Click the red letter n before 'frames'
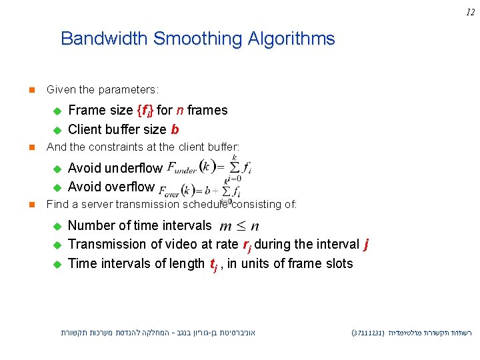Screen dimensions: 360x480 point(180,111)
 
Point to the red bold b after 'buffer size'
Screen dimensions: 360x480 point(175,129)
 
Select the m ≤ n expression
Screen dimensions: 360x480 point(239,227)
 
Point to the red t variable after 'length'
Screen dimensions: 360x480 point(213,265)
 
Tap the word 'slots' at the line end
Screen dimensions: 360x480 point(339,264)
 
